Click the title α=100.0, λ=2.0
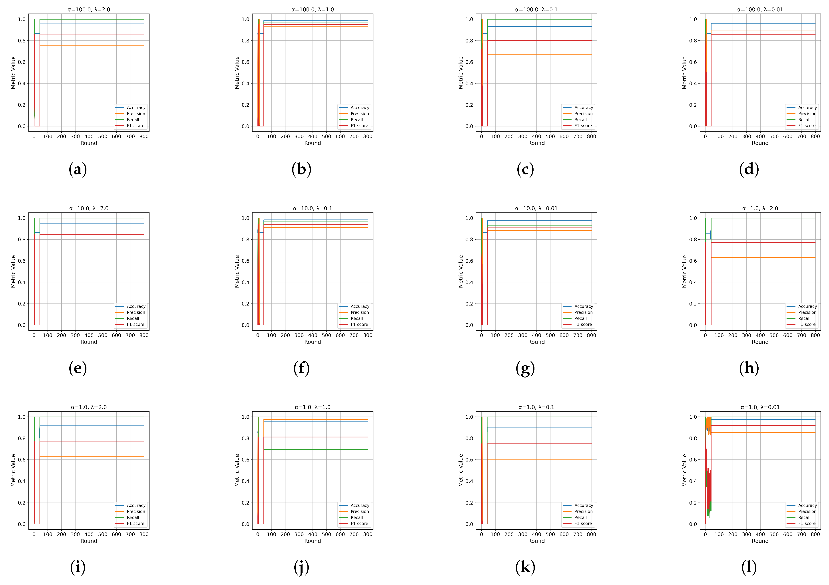pyautogui.click(x=89, y=9)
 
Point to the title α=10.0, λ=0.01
pyautogui.click(x=536, y=208)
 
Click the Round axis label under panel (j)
pyautogui.click(x=312, y=541)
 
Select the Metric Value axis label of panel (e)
pyautogui.click(x=13, y=272)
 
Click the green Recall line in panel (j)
pyautogui.click(x=318, y=450)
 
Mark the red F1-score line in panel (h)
pyautogui.click(x=762, y=242)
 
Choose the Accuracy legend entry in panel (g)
pyautogui.click(x=584, y=306)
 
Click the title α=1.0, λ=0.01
pyautogui.click(x=760, y=407)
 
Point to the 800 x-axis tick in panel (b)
pyautogui.click(x=368, y=136)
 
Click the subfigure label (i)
pyautogui.click(x=78, y=567)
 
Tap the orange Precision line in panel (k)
pyautogui.click(x=542, y=460)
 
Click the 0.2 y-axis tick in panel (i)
pyautogui.click(x=22, y=503)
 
